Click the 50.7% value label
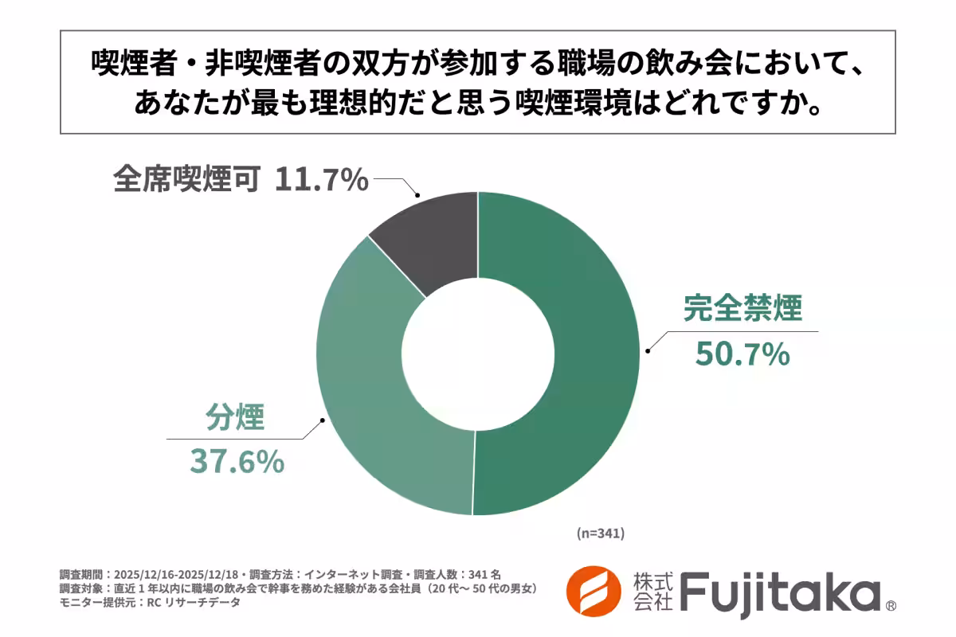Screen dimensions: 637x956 742,354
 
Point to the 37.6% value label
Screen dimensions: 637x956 236,462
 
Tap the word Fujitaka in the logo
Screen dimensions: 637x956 780,593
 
